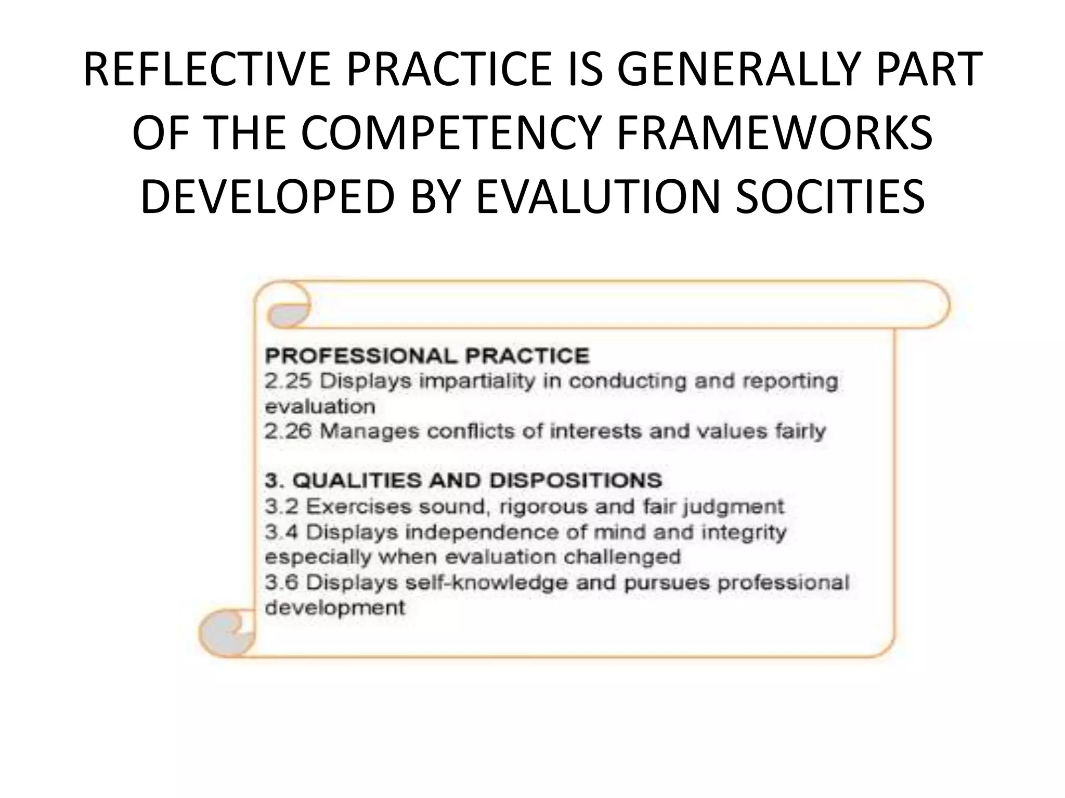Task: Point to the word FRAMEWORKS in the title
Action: [774, 134]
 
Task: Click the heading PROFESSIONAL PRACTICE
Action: [427, 356]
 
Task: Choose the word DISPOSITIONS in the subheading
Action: [576, 481]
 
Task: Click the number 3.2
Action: [281, 507]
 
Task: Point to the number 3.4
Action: [281, 532]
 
